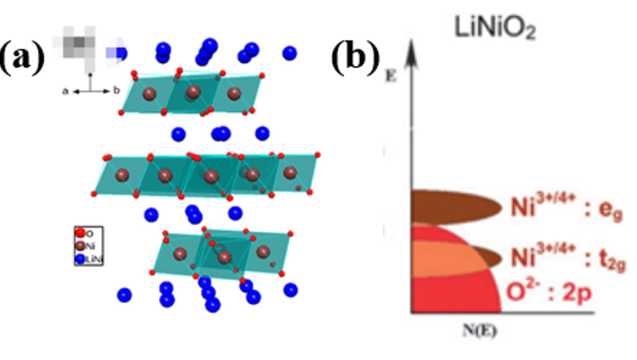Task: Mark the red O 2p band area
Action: tap(446, 291)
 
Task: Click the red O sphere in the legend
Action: tap(80, 233)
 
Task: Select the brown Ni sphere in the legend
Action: tap(80, 247)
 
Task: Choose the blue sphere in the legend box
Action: tap(80, 260)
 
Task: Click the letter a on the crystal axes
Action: tap(66, 91)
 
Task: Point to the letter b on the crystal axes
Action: tap(116, 91)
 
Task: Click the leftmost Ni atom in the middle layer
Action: tap(122, 174)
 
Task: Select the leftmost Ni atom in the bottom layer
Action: tap(182, 254)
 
